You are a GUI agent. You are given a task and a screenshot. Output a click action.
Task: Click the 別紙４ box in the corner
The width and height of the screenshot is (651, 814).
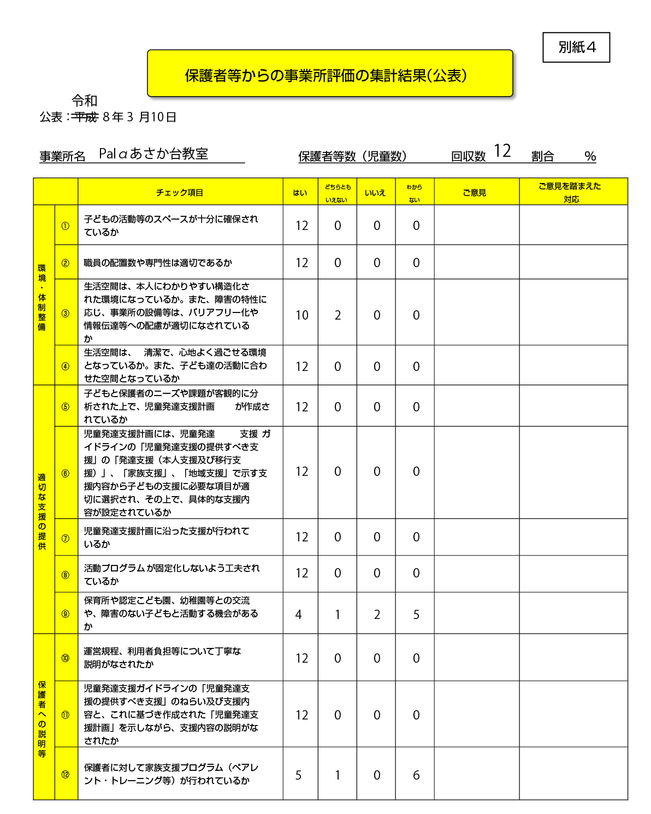click(576, 48)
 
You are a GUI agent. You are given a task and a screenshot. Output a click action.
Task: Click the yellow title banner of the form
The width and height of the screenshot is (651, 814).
click(330, 74)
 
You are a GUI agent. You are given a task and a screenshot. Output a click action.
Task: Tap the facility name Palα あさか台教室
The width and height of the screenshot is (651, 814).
click(153, 154)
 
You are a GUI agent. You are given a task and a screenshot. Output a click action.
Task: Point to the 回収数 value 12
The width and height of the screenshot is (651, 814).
click(502, 151)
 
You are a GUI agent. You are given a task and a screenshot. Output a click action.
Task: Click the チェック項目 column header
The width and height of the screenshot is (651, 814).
click(180, 192)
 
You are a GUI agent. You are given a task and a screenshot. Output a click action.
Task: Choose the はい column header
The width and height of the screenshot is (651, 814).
click(300, 192)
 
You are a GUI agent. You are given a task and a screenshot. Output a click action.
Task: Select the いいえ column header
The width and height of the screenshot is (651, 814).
click(375, 192)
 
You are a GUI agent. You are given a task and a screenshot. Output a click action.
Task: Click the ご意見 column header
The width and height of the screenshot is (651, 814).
click(474, 192)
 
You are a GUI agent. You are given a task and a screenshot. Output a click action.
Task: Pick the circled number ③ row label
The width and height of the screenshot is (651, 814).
click(66, 313)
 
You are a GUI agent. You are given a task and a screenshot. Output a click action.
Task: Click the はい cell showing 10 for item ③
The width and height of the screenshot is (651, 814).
click(301, 315)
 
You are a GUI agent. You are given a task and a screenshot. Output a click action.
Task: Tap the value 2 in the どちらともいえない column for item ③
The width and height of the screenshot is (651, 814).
click(338, 315)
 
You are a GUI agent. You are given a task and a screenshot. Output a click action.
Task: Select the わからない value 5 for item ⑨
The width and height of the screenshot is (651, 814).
click(416, 615)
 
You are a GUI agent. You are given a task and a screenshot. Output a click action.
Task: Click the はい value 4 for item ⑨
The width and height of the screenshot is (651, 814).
click(298, 615)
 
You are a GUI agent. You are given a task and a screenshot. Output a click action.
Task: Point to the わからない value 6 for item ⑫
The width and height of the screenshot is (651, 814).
click(416, 775)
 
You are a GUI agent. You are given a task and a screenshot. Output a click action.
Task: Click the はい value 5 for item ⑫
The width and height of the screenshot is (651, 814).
click(298, 775)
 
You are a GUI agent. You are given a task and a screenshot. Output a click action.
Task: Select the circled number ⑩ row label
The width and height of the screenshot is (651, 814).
click(66, 658)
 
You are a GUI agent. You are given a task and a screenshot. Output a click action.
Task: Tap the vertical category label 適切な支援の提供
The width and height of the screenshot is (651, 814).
click(42, 511)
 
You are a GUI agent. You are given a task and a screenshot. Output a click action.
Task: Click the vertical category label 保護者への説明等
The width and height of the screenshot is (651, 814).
click(42, 719)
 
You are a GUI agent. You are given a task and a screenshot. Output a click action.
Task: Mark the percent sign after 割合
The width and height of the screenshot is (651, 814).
click(590, 157)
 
